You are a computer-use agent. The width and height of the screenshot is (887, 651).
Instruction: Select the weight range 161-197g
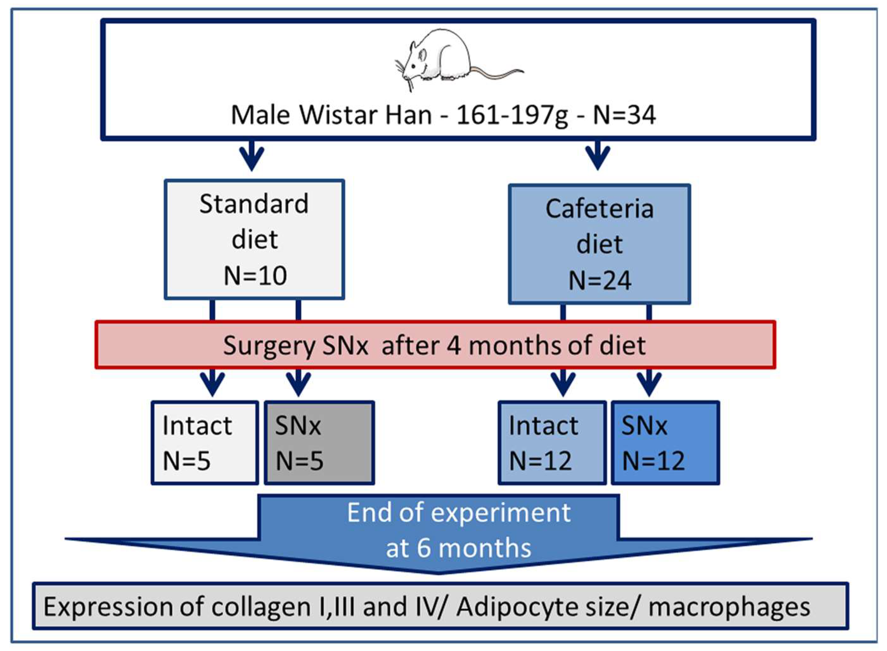pyautogui.click(x=512, y=115)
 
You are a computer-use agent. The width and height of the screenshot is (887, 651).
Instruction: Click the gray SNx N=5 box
pyautogui.click(x=319, y=443)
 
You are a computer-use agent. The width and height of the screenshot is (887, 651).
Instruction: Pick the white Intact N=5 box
pyautogui.click(x=205, y=443)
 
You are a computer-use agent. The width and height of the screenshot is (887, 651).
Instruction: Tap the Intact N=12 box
pyautogui.click(x=552, y=443)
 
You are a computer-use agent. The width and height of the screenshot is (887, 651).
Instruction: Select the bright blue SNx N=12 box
pyautogui.click(x=665, y=443)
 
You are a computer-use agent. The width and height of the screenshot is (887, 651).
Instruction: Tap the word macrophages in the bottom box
pyautogui.click(x=729, y=607)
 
